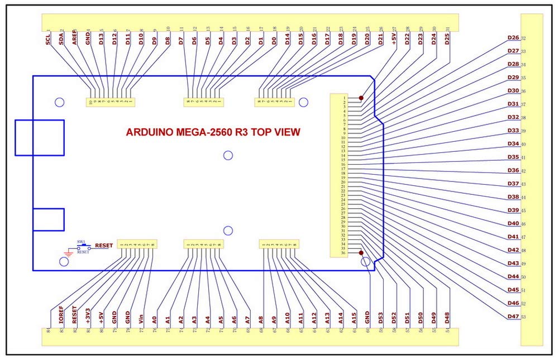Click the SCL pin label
tap(49, 39)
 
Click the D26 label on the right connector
tap(513, 38)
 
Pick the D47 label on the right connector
tap(513, 317)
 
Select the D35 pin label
tap(513, 157)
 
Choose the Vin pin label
tap(141, 318)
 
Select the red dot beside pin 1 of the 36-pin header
tap(361, 98)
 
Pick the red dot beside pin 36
tap(361, 253)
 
